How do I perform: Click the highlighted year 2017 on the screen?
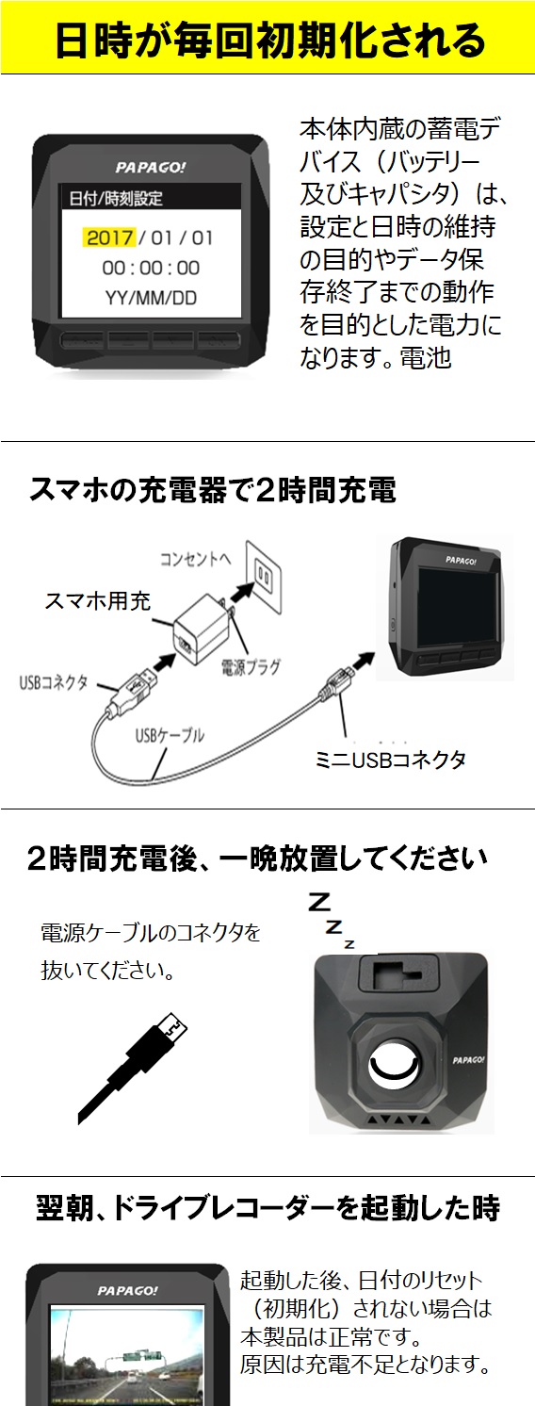point(110,237)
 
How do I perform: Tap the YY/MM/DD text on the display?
point(151,298)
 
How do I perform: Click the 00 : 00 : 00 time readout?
point(151,268)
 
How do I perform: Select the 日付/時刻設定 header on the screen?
point(116,198)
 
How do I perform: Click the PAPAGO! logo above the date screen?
point(151,168)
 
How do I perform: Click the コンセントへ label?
point(195,558)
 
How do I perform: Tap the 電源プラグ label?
point(251,666)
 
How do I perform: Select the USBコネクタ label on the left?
point(54,682)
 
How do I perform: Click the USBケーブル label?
point(170,735)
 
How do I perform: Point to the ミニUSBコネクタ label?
point(390,760)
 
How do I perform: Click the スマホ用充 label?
point(98,600)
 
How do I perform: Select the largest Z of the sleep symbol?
point(320,903)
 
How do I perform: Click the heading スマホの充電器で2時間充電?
point(213,490)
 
